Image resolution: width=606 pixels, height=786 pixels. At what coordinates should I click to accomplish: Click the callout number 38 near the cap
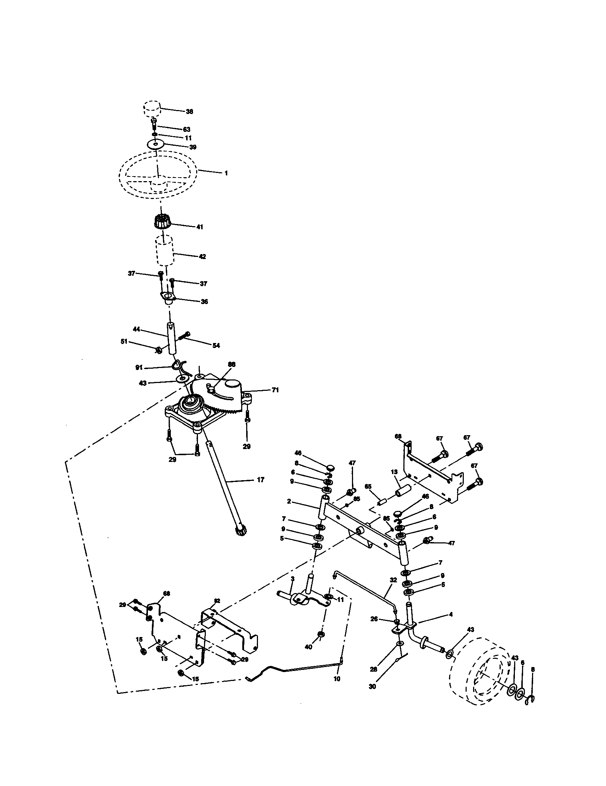[x=189, y=111]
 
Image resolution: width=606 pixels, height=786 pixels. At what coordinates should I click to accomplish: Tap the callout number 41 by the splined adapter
[x=199, y=227]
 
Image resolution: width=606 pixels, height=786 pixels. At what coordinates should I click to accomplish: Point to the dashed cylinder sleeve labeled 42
[x=164, y=251]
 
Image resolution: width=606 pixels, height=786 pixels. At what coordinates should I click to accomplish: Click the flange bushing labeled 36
[x=168, y=298]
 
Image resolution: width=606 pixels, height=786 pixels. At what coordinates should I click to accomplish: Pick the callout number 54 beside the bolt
[x=216, y=345]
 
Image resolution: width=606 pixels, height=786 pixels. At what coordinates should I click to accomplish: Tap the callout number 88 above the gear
[x=232, y=364]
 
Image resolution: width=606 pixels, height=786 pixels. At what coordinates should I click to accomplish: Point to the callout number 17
[x=260, y=480]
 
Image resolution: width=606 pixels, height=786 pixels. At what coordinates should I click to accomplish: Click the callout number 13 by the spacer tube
[x=394, y=472]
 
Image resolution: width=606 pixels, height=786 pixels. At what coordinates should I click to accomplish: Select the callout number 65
[x=368, y=486]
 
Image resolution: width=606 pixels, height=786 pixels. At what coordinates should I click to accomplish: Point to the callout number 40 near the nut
[x=308, y=647]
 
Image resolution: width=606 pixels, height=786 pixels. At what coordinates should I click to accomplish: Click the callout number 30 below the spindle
[x=372, y=686]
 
